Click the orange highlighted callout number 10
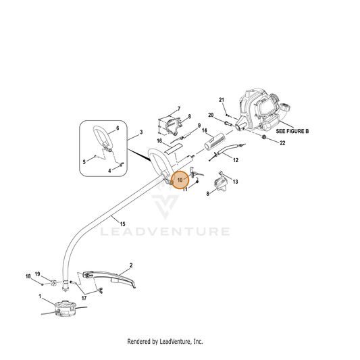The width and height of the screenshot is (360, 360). [x=180, y=180]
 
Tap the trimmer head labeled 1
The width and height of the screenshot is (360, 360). [x=65, y=309]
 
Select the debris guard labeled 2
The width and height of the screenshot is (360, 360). [x=109, y=278]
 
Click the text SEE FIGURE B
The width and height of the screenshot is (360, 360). [x=292, y=131]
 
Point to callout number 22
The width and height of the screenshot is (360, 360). [x=282, y=143]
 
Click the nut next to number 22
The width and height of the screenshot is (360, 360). [x=264, y=137]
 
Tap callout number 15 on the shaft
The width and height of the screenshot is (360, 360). [x=123, y=224]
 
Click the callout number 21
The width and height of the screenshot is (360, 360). [x=222, y=100]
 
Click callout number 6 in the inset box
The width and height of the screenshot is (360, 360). [x=118, y=128]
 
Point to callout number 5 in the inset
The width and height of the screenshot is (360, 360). [x=84, y=162]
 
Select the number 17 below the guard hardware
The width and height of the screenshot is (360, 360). [x=84, y=298]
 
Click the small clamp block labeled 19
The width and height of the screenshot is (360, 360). [x=53, y=282]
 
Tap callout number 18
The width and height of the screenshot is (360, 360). [x=28, y=276]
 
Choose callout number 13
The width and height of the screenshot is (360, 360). [x=235, y=182]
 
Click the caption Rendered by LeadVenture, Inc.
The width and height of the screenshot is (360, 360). [x=165, y=341]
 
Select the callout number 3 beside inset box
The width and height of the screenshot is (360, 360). [x=141, y=132]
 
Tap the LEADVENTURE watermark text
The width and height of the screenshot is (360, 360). [x=165, y=232]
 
